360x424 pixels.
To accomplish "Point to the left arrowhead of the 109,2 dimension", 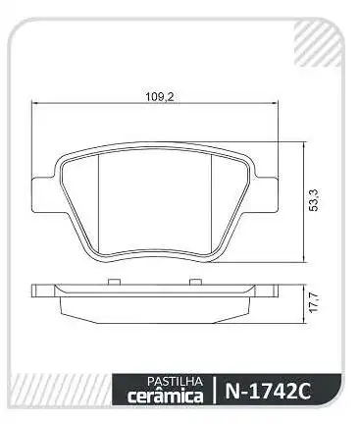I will click(x=36, y=106).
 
